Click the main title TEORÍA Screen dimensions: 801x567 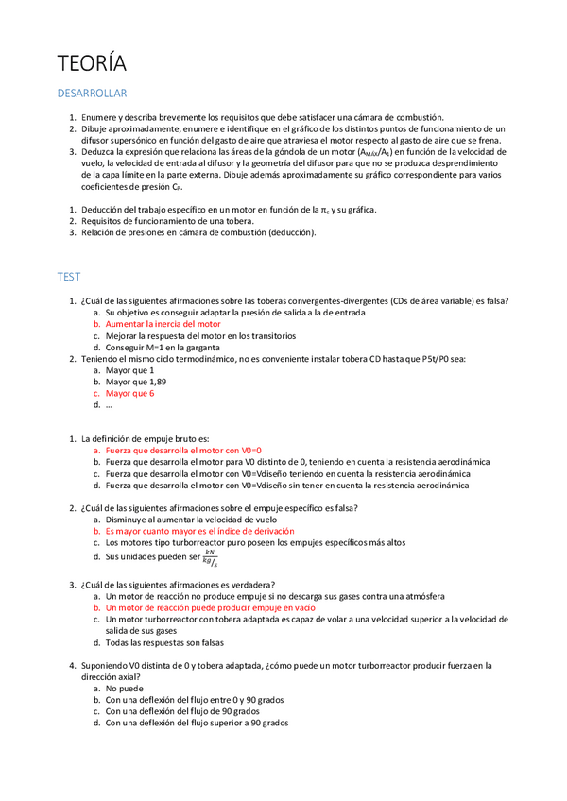(92, 63)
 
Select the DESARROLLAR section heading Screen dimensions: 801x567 (93, 94)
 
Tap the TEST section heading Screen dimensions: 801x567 (69, 277)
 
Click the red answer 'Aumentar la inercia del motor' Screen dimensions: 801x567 (163, 324)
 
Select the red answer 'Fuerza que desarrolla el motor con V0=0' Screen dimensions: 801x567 (182, 451)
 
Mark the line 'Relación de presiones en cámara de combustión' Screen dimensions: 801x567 (198, 231)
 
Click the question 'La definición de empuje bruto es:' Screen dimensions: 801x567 (145, 439)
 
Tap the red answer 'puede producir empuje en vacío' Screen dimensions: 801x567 (210, 608)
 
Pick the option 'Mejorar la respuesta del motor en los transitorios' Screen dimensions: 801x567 (200, 335)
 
